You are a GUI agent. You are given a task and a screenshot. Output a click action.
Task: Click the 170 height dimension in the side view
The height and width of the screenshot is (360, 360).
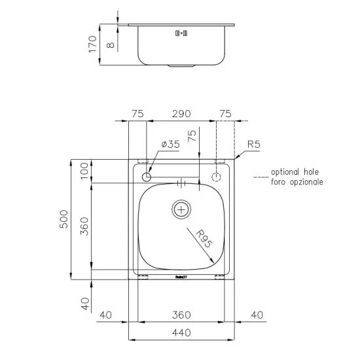pyautogui.click(x=93, y=44)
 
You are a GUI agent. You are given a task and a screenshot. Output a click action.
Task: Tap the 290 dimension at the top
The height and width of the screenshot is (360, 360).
pyautogui.click(x=181, y=114)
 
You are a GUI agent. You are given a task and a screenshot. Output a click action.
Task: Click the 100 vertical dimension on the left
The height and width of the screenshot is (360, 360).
pyautogui.click(x=84, y=173)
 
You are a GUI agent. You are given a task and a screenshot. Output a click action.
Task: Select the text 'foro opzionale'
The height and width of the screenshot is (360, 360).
pyautogui.click(x=297, y=183)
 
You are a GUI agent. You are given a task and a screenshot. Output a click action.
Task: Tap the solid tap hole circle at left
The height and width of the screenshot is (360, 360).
pyautogui.click(x=147, y=177)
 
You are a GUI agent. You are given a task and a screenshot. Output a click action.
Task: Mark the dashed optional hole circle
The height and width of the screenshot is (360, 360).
pyautogui.click(x=217, y=177)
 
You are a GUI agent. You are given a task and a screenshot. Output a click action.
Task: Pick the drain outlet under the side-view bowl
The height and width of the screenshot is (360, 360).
pyautogui.click(x=181, y=65)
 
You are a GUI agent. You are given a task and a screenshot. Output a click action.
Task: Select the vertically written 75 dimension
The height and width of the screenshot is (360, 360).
pyautogui.click(x=192, y=137)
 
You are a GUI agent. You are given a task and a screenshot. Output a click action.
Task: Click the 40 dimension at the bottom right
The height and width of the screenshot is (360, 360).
pyautogui.click(x=256, y=315)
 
